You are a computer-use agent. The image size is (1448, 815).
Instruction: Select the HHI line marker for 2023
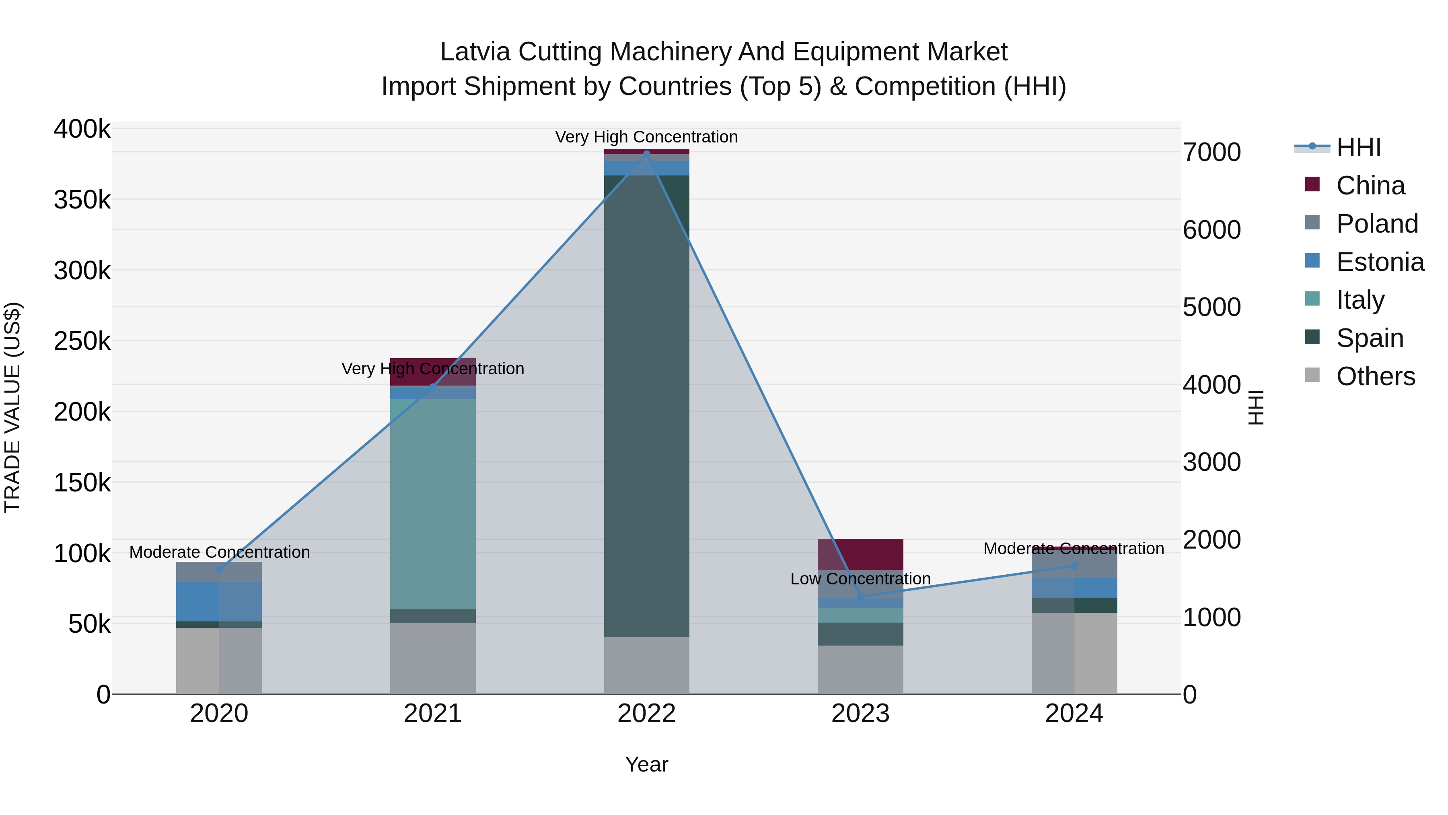point(860,596)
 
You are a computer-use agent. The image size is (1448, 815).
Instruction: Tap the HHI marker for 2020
point(219,570)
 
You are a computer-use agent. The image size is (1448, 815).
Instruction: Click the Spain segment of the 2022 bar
point(646,405)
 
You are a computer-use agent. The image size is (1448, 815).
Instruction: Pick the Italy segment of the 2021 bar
point(433,503)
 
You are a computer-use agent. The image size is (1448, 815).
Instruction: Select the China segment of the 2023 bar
point(860,554)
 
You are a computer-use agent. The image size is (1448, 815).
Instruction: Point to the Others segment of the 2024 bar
point(1074,652)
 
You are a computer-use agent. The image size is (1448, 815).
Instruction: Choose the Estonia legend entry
point(1380,262)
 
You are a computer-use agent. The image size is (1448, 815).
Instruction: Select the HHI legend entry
point(1358,147)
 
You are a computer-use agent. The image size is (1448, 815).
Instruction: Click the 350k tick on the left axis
point(82,200)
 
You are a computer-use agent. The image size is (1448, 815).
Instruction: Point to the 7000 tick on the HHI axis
point(1212,153)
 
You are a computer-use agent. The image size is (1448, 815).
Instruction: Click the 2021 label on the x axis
point(433,714)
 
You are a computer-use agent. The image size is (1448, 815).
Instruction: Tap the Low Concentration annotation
point(860,579)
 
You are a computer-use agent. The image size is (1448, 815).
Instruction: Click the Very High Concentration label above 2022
point(646,137)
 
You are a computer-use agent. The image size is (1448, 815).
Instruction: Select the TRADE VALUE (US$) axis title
point(12,407)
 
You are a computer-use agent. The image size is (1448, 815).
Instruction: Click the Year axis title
point(646,764)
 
